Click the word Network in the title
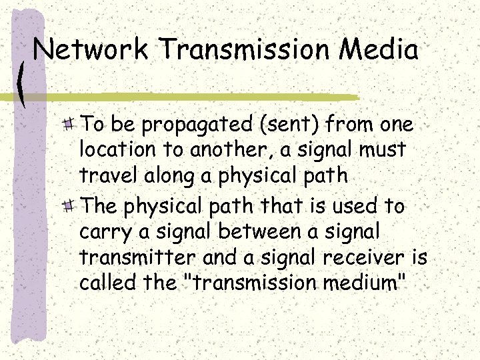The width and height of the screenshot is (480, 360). (x=91, y=50)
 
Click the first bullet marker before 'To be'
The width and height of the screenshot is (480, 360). (x=68, y=124)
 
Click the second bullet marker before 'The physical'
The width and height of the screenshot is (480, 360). (x=68, y=207)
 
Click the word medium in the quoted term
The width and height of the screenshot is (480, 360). (x=359, y=283)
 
